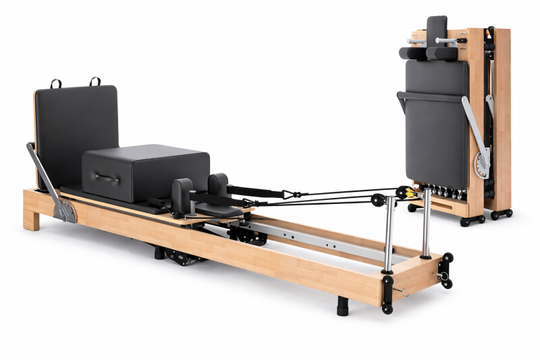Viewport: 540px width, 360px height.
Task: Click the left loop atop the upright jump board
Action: click(55, 84)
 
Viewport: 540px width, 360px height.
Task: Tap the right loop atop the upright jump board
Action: click(95, 81)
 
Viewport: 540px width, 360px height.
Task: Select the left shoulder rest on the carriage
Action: click(182, 194)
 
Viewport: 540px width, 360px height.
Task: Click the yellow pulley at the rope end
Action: click(403, 192)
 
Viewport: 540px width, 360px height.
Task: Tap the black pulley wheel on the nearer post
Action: click(379, 200)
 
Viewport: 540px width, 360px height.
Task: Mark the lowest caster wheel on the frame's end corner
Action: click(387, 309)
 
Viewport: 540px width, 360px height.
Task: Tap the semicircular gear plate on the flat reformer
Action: click(67, 211)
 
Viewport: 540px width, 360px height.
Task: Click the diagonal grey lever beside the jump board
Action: click(45, 176)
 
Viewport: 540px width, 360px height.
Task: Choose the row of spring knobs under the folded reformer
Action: click(441, 193)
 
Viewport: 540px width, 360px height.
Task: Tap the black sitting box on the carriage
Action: click(145, 172)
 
